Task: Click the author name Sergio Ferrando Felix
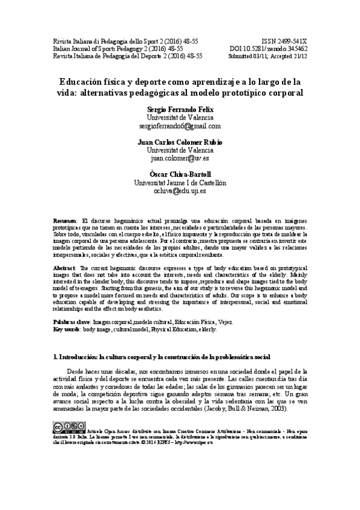180,109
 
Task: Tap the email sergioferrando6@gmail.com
180,126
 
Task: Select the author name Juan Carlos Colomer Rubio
180,142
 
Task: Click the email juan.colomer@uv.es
180,159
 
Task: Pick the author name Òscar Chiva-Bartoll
180,174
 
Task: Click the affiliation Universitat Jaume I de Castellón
180,183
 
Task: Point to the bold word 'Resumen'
65,221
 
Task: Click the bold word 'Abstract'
65,266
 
